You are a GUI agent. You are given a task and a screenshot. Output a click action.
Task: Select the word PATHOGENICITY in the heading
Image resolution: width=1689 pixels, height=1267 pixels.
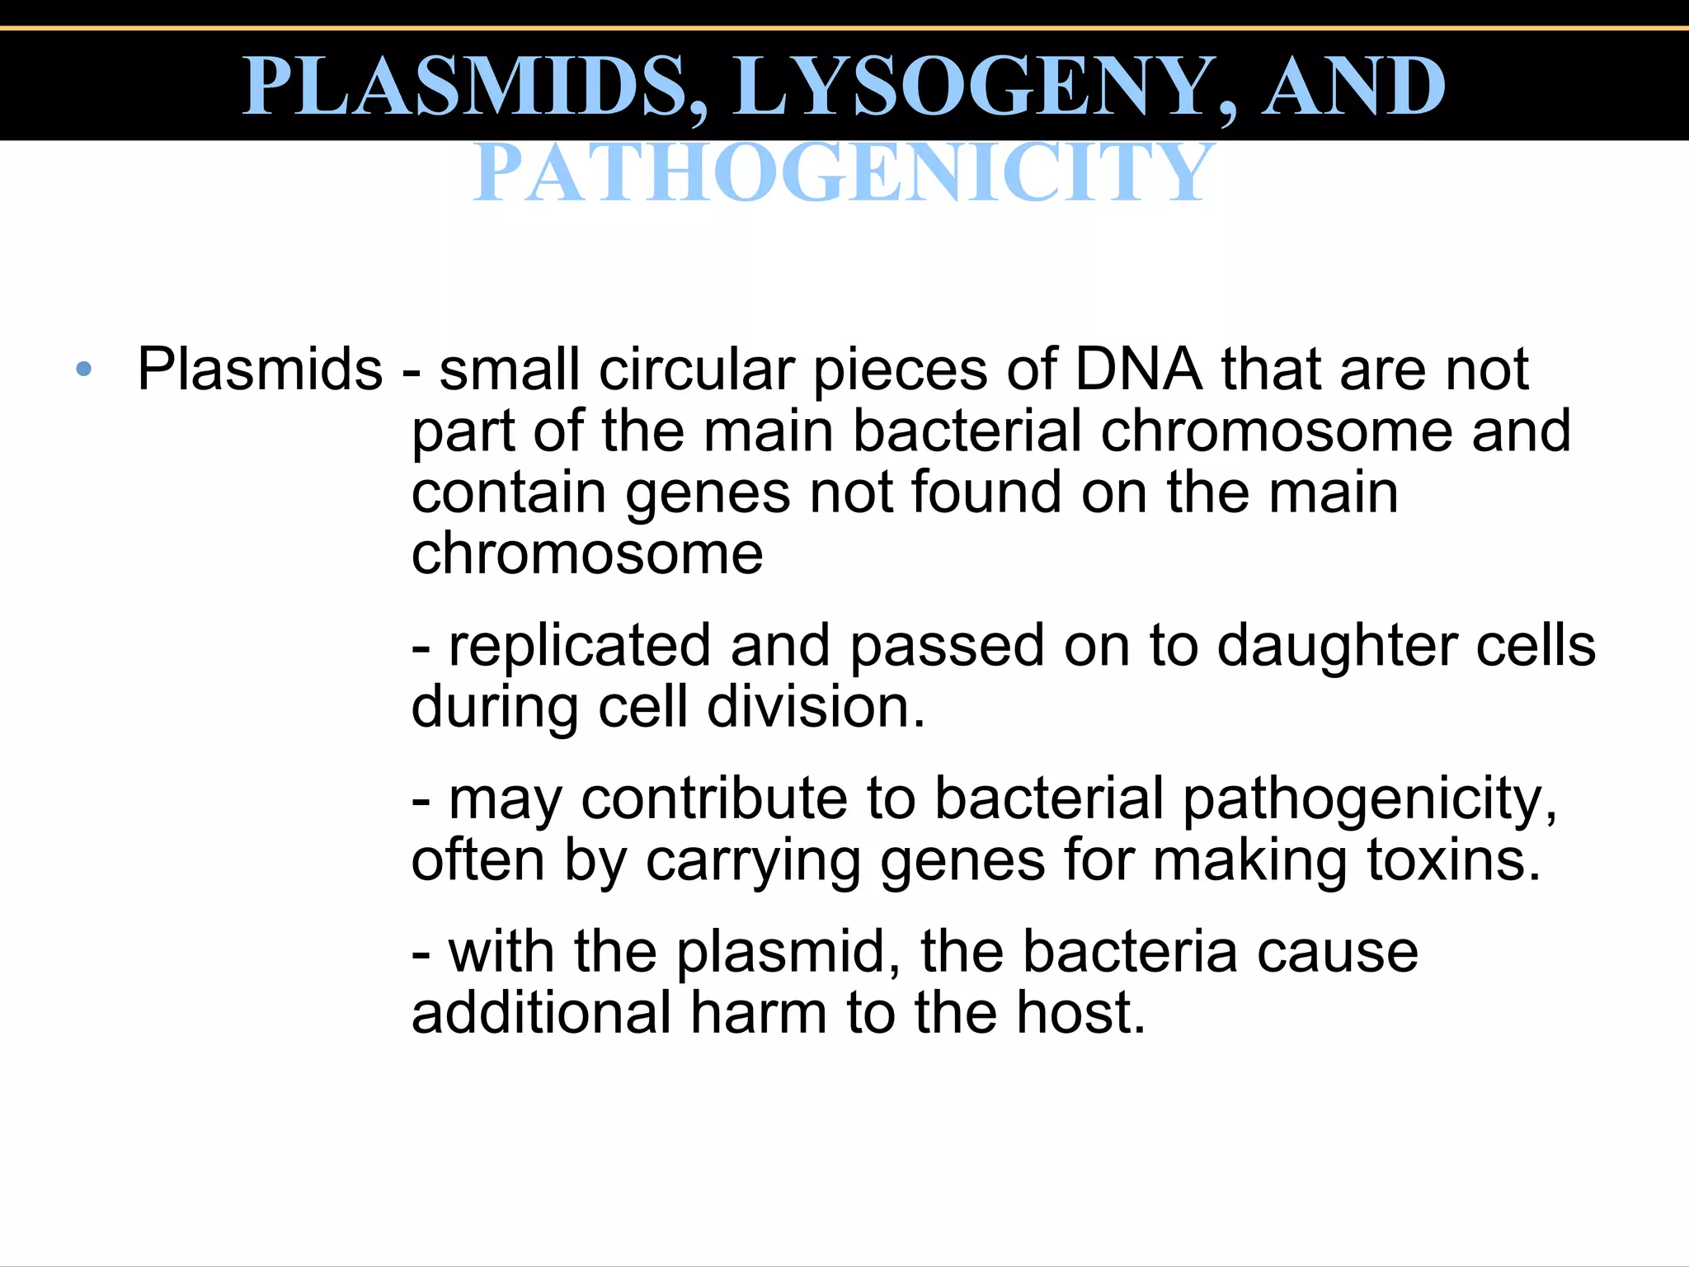[843, 172]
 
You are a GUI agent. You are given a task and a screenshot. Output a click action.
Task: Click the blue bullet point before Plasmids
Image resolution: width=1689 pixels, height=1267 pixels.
[83, 370]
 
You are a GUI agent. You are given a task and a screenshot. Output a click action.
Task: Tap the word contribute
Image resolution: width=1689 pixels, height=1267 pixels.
[714, 798]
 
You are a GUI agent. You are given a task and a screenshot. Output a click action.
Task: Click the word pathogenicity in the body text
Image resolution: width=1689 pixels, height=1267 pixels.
[1369, 800]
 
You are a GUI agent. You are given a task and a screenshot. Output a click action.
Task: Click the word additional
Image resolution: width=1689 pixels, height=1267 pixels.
[541, 1012]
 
